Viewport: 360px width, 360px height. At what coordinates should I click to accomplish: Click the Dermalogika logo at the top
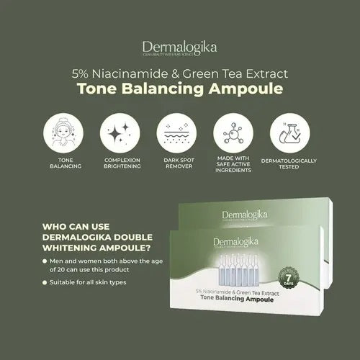pos(180,49)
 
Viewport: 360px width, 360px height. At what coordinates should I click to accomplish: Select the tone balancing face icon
pos(63,133)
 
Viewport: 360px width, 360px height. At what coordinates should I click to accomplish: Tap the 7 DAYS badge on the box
pos(287,277)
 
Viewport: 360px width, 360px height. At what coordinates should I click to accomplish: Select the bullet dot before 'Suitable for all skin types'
pos(47,282)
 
